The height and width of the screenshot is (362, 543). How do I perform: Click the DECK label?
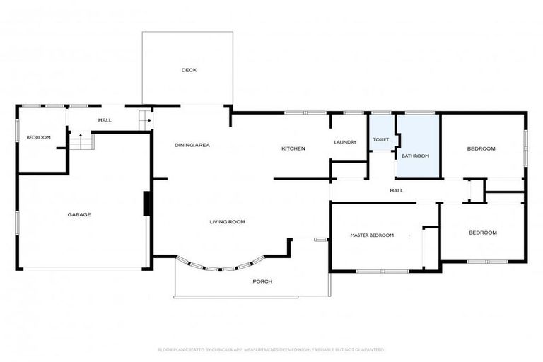(189, 70)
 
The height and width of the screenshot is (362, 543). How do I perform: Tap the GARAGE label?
(79, 214)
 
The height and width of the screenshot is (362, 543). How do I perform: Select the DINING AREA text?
(192, 145)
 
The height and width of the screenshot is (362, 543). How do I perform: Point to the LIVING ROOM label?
(228, 222)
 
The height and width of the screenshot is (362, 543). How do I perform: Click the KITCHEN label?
(293, 148)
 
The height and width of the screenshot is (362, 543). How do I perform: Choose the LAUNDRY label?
(345, 142)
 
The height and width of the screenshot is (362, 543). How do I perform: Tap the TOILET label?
(381, 139)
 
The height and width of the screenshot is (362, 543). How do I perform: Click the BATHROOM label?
(416, 156)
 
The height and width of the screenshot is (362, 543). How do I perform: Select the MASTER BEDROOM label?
(372, 235)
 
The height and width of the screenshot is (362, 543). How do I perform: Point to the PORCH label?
(262, 281)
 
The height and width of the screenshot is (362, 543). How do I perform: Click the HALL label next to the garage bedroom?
(105, 120)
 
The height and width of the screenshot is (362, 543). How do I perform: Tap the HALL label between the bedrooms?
(397, 190)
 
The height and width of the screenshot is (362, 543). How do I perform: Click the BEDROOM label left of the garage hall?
(39, 138)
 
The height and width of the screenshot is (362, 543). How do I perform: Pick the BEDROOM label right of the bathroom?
(481, 148)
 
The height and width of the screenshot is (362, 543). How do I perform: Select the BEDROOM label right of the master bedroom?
(483, 233)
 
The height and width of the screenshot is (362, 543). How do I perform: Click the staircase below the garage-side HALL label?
(82, 141)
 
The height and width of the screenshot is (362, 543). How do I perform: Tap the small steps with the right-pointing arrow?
(146, 121)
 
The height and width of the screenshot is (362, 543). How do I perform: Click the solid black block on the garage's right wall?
(147, 204)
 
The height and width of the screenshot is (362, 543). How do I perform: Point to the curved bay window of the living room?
(221, 266)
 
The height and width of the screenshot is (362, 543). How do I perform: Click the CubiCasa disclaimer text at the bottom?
(271, 350)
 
